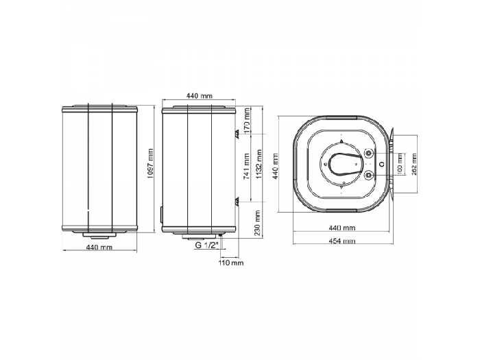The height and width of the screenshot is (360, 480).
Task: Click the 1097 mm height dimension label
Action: [150, 163]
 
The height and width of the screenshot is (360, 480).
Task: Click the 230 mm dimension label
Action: [257, 223]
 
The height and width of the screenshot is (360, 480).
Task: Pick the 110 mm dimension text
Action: [231, 263]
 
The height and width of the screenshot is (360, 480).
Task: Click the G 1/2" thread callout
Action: [207, 245]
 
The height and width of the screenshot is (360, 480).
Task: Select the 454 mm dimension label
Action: [342, 241]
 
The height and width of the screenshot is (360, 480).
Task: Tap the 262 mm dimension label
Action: [414, 164]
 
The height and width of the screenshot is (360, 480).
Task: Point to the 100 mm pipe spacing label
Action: [400, 164]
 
